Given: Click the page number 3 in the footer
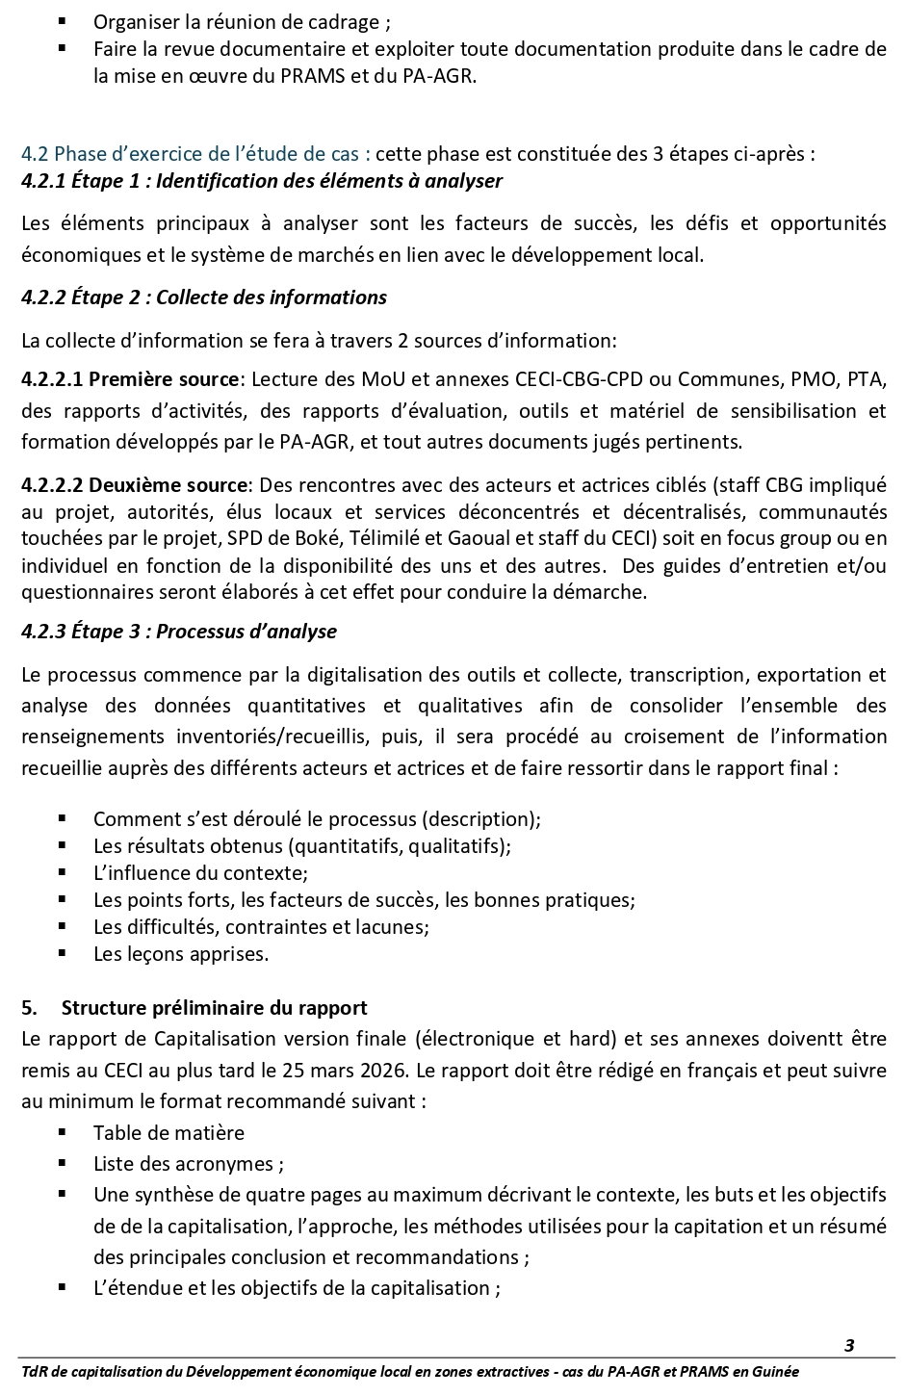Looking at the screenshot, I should click(x=849, y=1345).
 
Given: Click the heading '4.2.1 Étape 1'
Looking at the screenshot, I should click(x=261, y=180).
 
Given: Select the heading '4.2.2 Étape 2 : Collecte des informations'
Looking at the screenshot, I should click(x=203, y=297).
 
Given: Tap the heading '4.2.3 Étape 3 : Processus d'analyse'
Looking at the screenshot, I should click(x=179, y=632).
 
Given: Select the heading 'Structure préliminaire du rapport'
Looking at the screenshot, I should click(x=214, y=1008).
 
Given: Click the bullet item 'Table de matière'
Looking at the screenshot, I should click(x=168, y=1132).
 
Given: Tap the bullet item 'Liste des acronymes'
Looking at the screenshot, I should click(x=188, y=1163).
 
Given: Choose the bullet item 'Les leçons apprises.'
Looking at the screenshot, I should click(x=181, y=954).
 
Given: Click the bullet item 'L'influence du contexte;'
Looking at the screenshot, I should click(x=200, y=873).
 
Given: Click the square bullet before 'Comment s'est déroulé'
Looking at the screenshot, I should click(x=62, y=818).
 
